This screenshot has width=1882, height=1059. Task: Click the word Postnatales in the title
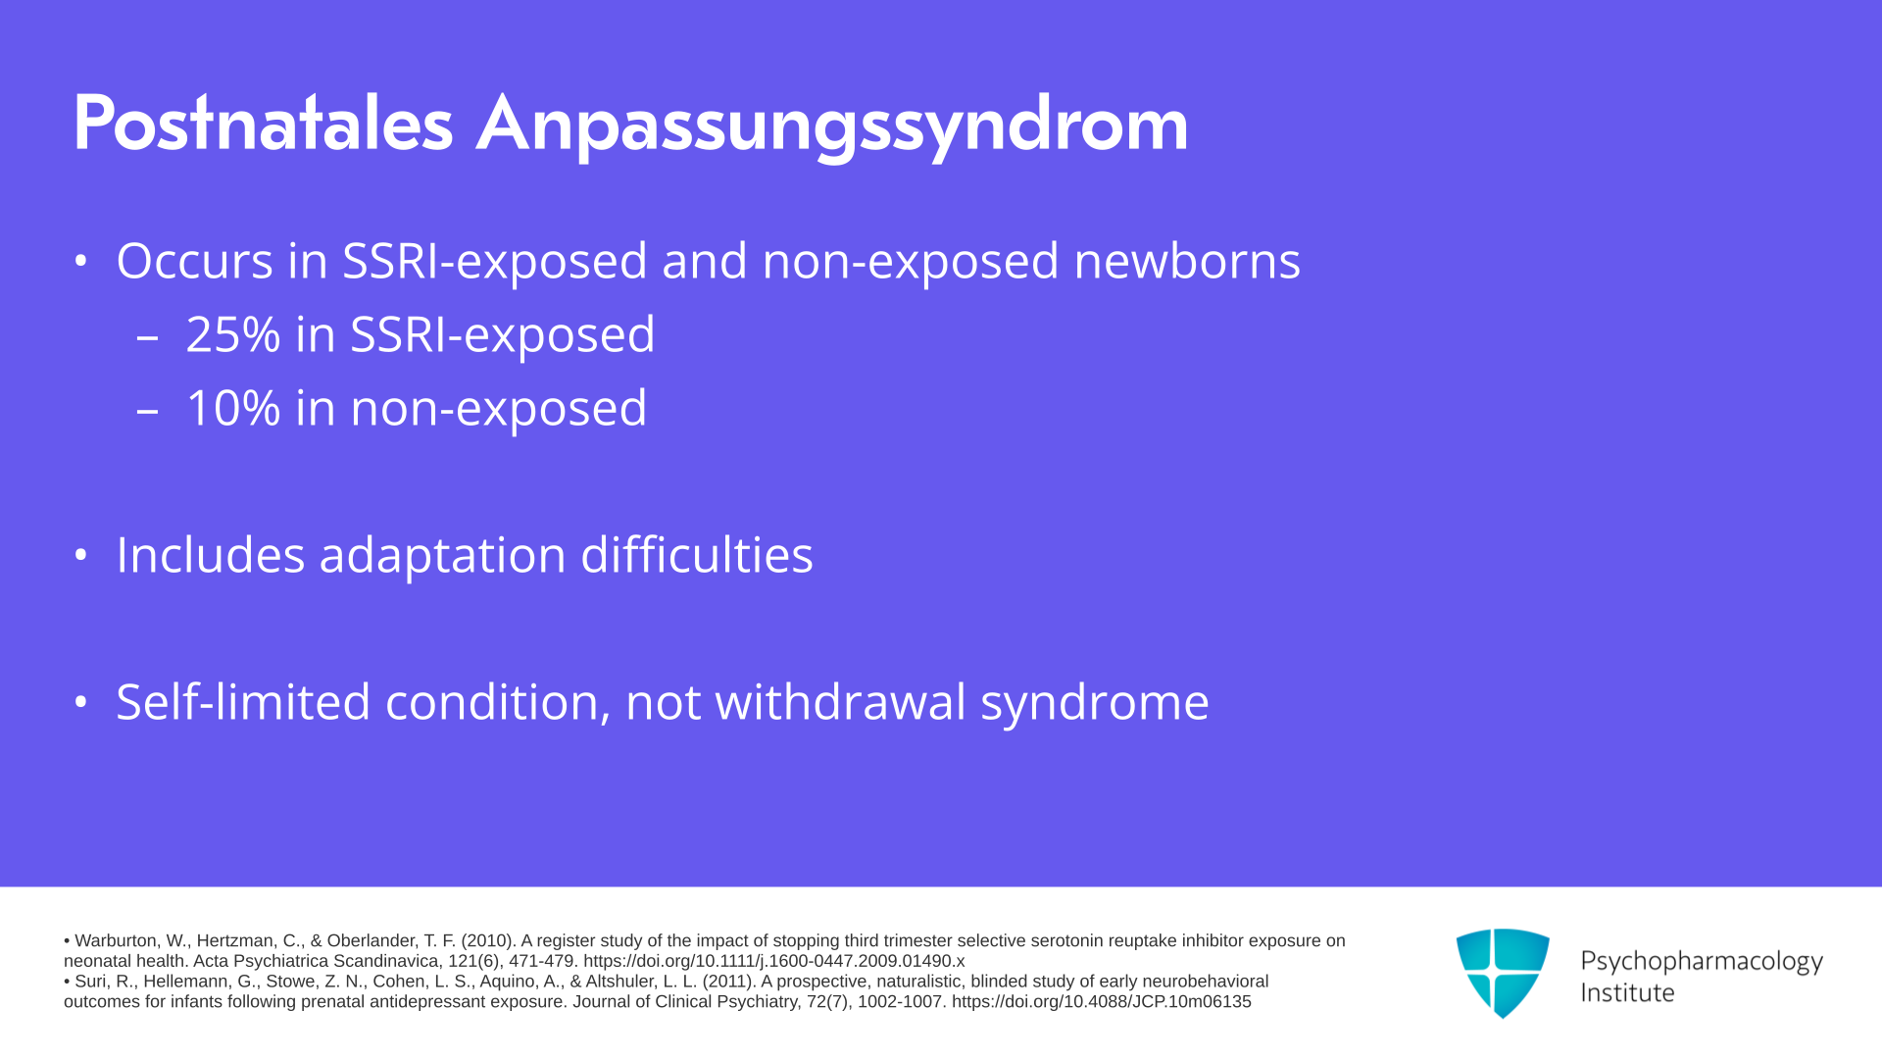(264, 124)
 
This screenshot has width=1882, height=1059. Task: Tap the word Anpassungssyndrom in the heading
(832, 127)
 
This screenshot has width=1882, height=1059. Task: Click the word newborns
(1187, 261)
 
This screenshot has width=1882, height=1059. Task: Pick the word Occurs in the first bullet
(195, 262)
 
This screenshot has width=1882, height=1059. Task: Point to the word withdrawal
(841, 702)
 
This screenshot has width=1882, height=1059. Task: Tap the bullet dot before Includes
(81, 556)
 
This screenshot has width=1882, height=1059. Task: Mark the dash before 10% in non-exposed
(148, 411)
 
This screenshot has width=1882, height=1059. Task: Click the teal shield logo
(1503, 973)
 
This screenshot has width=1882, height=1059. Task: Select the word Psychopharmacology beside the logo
(1702, 962)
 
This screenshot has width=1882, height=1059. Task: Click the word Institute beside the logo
(1628, 993)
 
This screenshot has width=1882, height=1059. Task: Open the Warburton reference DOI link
(774, 961)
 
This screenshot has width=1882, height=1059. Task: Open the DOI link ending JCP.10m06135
(1102, 1002)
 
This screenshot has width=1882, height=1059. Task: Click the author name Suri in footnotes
(91, 982)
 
